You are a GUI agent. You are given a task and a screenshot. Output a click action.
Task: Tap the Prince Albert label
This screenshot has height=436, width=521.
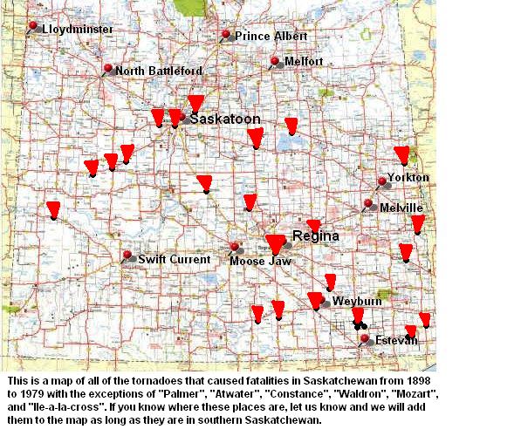271,37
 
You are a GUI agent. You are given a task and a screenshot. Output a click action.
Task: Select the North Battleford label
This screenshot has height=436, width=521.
159,71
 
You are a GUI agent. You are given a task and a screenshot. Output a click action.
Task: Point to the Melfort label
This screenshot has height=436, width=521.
304,62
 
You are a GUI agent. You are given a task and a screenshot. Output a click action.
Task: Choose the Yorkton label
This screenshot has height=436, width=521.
408,178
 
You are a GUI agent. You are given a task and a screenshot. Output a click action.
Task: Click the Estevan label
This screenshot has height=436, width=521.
394,339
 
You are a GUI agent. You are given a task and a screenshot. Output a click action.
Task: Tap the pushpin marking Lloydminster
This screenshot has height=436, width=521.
33,27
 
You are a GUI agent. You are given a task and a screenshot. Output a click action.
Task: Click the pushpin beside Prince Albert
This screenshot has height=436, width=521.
225,36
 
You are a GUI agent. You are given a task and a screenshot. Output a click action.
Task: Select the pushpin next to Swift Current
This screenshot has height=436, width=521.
127,256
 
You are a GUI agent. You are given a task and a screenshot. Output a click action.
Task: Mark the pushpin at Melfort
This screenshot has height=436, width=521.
275,62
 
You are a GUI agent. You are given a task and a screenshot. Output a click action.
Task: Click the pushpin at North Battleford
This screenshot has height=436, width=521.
107,69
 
